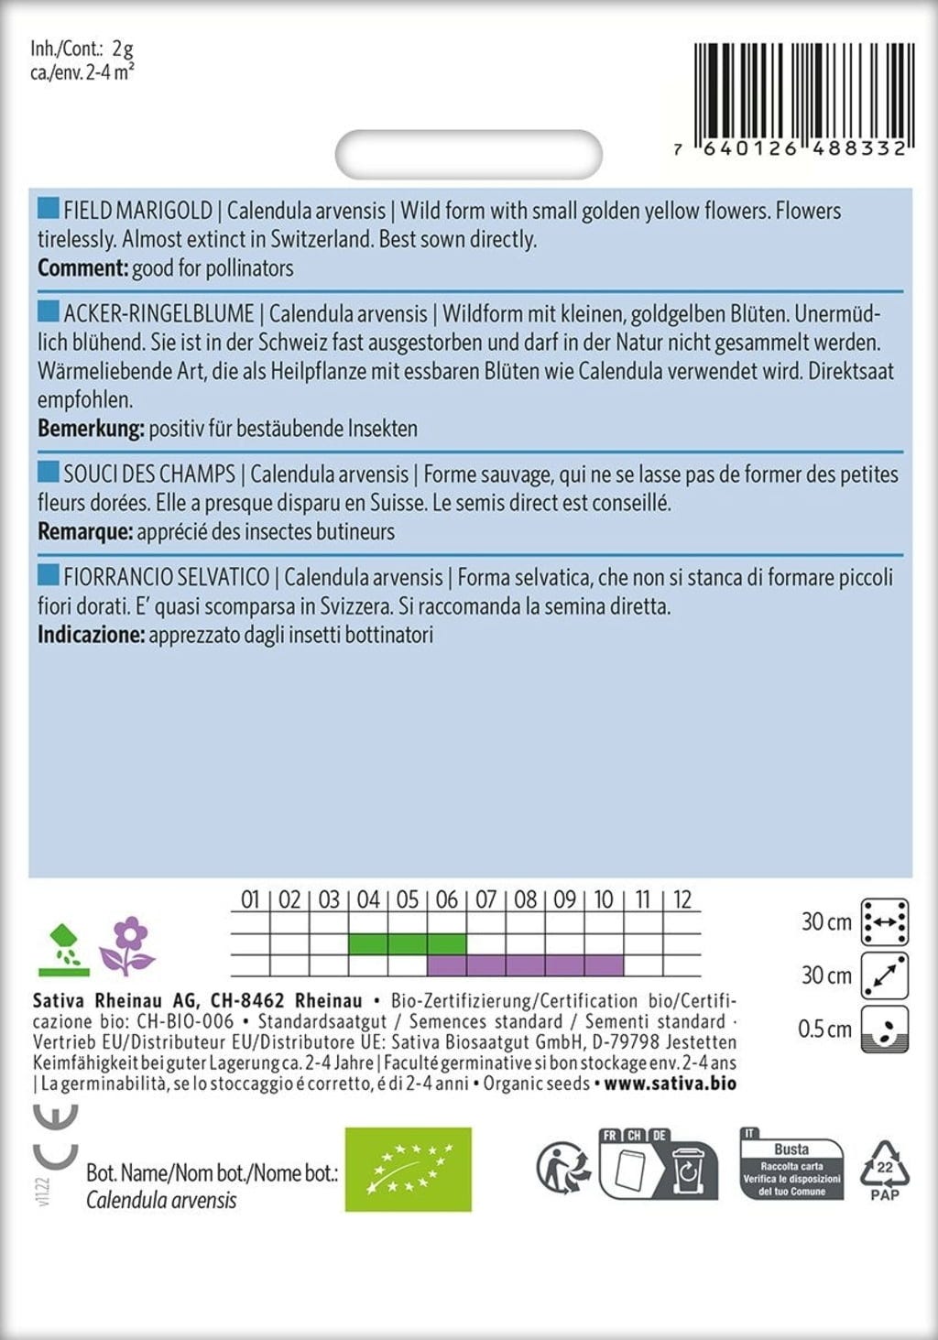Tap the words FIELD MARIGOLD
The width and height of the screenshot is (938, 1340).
137,211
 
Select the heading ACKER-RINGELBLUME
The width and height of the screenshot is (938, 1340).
158,314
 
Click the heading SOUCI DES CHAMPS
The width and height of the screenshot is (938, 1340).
149,474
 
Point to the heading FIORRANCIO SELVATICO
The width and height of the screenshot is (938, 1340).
166,578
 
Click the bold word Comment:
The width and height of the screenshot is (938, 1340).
82,268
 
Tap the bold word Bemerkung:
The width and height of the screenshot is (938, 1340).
91,429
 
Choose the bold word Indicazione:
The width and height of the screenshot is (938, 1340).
91,635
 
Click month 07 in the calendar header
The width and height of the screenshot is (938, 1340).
486,899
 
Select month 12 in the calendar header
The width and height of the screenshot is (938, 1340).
682,899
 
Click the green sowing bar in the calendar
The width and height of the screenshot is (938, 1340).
408,943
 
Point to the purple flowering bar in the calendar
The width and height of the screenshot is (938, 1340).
526,964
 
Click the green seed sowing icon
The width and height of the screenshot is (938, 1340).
63,950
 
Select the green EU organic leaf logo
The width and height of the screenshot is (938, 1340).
408,1170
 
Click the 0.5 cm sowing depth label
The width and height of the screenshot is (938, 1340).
824,1030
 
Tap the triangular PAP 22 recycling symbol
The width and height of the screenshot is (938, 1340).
884,1170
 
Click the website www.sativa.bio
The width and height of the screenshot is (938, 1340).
670,1084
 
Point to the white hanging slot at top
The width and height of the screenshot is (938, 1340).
468,154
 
